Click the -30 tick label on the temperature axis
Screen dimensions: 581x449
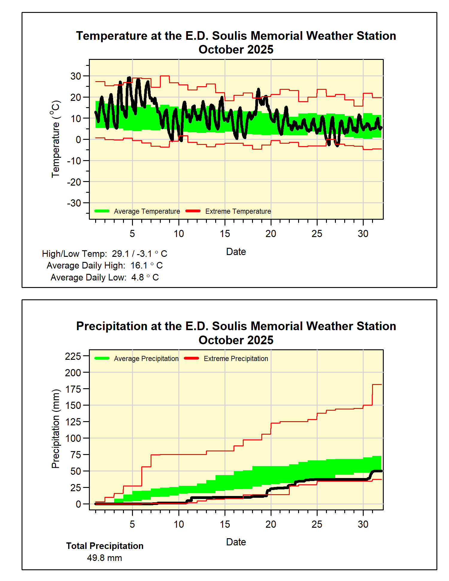74,203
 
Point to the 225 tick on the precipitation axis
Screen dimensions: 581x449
73,356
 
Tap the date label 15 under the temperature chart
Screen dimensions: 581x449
225,234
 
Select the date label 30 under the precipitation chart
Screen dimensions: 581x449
363,524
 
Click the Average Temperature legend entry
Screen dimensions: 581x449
147,211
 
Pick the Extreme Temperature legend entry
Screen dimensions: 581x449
238,211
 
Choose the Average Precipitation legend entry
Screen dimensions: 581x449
146,359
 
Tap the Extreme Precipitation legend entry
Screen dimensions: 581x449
236,359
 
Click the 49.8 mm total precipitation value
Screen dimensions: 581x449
104,558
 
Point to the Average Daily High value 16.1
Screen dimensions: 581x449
139,266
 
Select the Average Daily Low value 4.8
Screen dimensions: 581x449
138,277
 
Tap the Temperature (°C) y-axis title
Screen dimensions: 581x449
56,139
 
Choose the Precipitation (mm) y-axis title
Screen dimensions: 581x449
56,429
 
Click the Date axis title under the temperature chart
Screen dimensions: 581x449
236,252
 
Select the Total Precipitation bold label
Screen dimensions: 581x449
105,546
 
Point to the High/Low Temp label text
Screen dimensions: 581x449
74,254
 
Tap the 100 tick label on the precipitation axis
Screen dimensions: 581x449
73,438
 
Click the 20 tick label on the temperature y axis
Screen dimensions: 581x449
76,97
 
